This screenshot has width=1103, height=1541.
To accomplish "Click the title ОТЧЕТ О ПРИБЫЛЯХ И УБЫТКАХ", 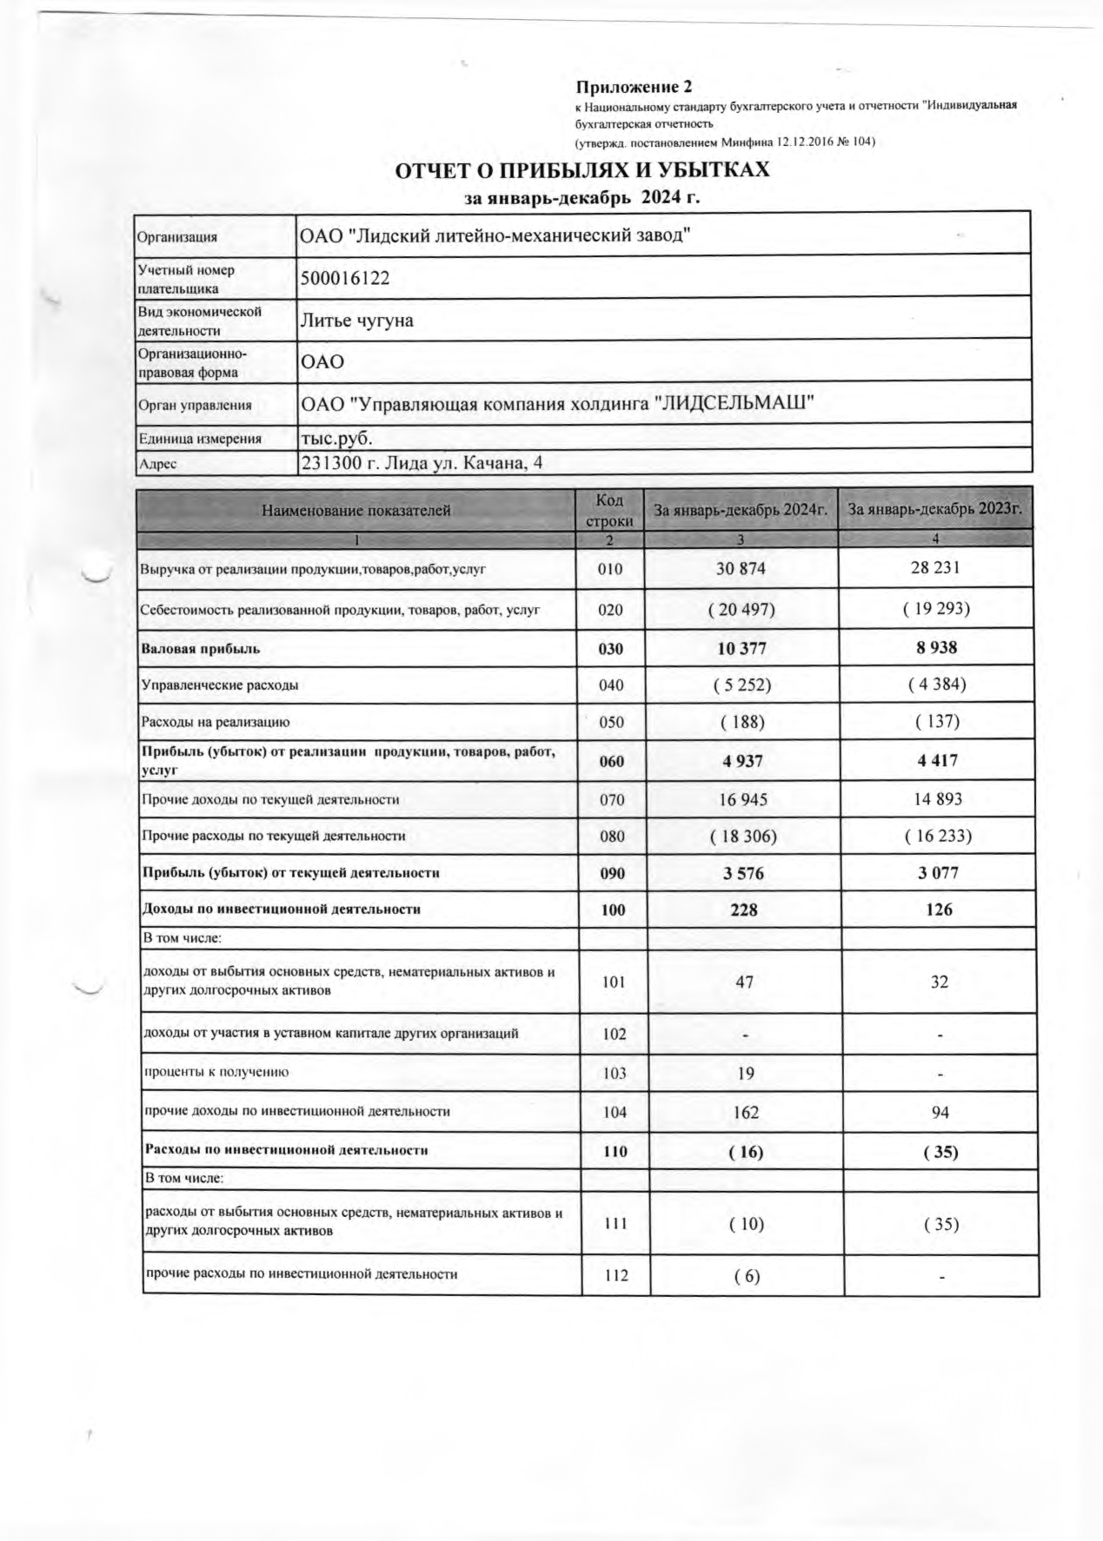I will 582,169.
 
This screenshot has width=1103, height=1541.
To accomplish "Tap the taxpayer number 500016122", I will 345,278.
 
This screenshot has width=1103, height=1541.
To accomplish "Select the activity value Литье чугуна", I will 356,321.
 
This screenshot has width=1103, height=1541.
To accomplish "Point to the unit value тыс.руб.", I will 336,438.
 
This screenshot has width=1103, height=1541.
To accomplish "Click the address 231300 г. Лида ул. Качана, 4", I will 422,463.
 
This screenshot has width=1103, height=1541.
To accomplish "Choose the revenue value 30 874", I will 741,569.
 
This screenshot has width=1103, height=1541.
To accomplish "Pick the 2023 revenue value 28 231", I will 936,568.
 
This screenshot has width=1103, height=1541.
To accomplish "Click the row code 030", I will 611,649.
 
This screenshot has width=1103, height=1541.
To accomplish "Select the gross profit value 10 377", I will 741,649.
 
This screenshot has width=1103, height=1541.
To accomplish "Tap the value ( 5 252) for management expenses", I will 741,685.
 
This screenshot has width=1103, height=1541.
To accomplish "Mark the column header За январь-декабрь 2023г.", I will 935,510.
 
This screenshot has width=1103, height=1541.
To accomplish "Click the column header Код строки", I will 609,511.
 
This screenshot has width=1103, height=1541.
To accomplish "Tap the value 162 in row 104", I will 745,1112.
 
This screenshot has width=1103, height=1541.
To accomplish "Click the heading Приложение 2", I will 634,87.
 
